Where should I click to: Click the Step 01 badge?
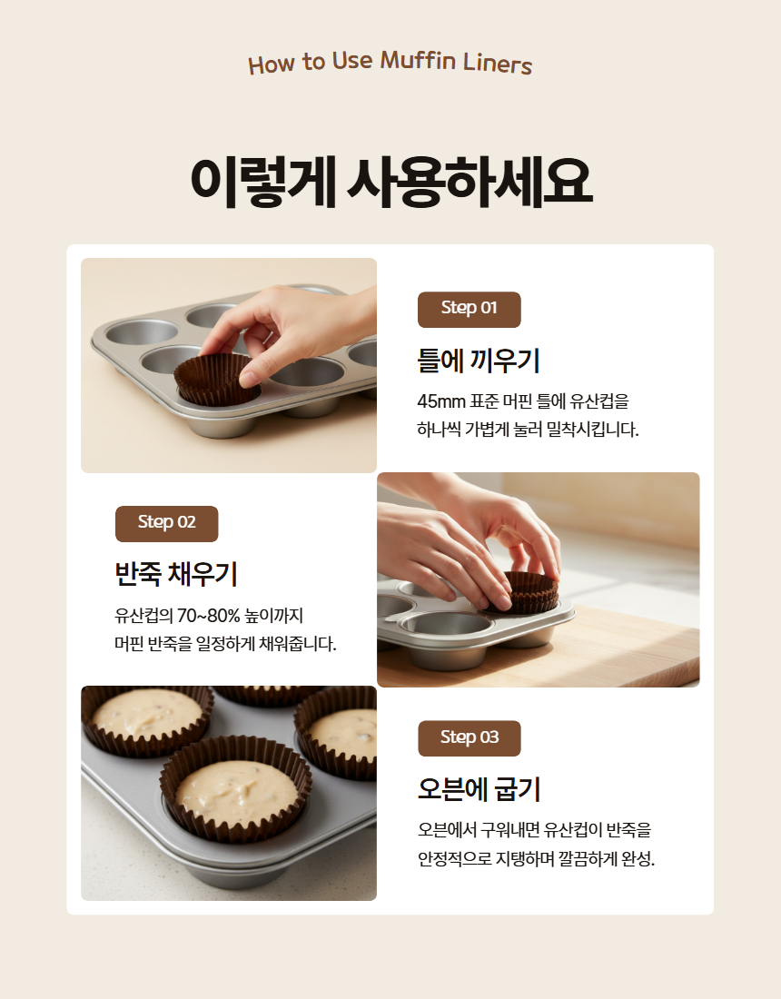(x=469, y=310)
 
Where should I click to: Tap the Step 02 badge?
(x=167, y=524)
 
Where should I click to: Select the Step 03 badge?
(x=470, y=738)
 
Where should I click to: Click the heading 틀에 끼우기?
(x=479, y=360)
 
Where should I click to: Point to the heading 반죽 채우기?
(x=176, y=573)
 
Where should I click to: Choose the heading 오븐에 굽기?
(x=479, y=788)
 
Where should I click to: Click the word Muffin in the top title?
(x=418, y=61)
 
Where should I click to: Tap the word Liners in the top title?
(x=498, y=64)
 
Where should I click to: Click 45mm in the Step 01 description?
(x=441, y=401)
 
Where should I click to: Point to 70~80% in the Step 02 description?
(x=208, y=616)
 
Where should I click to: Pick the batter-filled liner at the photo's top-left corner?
(x=146, y=721)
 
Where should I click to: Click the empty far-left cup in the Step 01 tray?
(x=142, y=331)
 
